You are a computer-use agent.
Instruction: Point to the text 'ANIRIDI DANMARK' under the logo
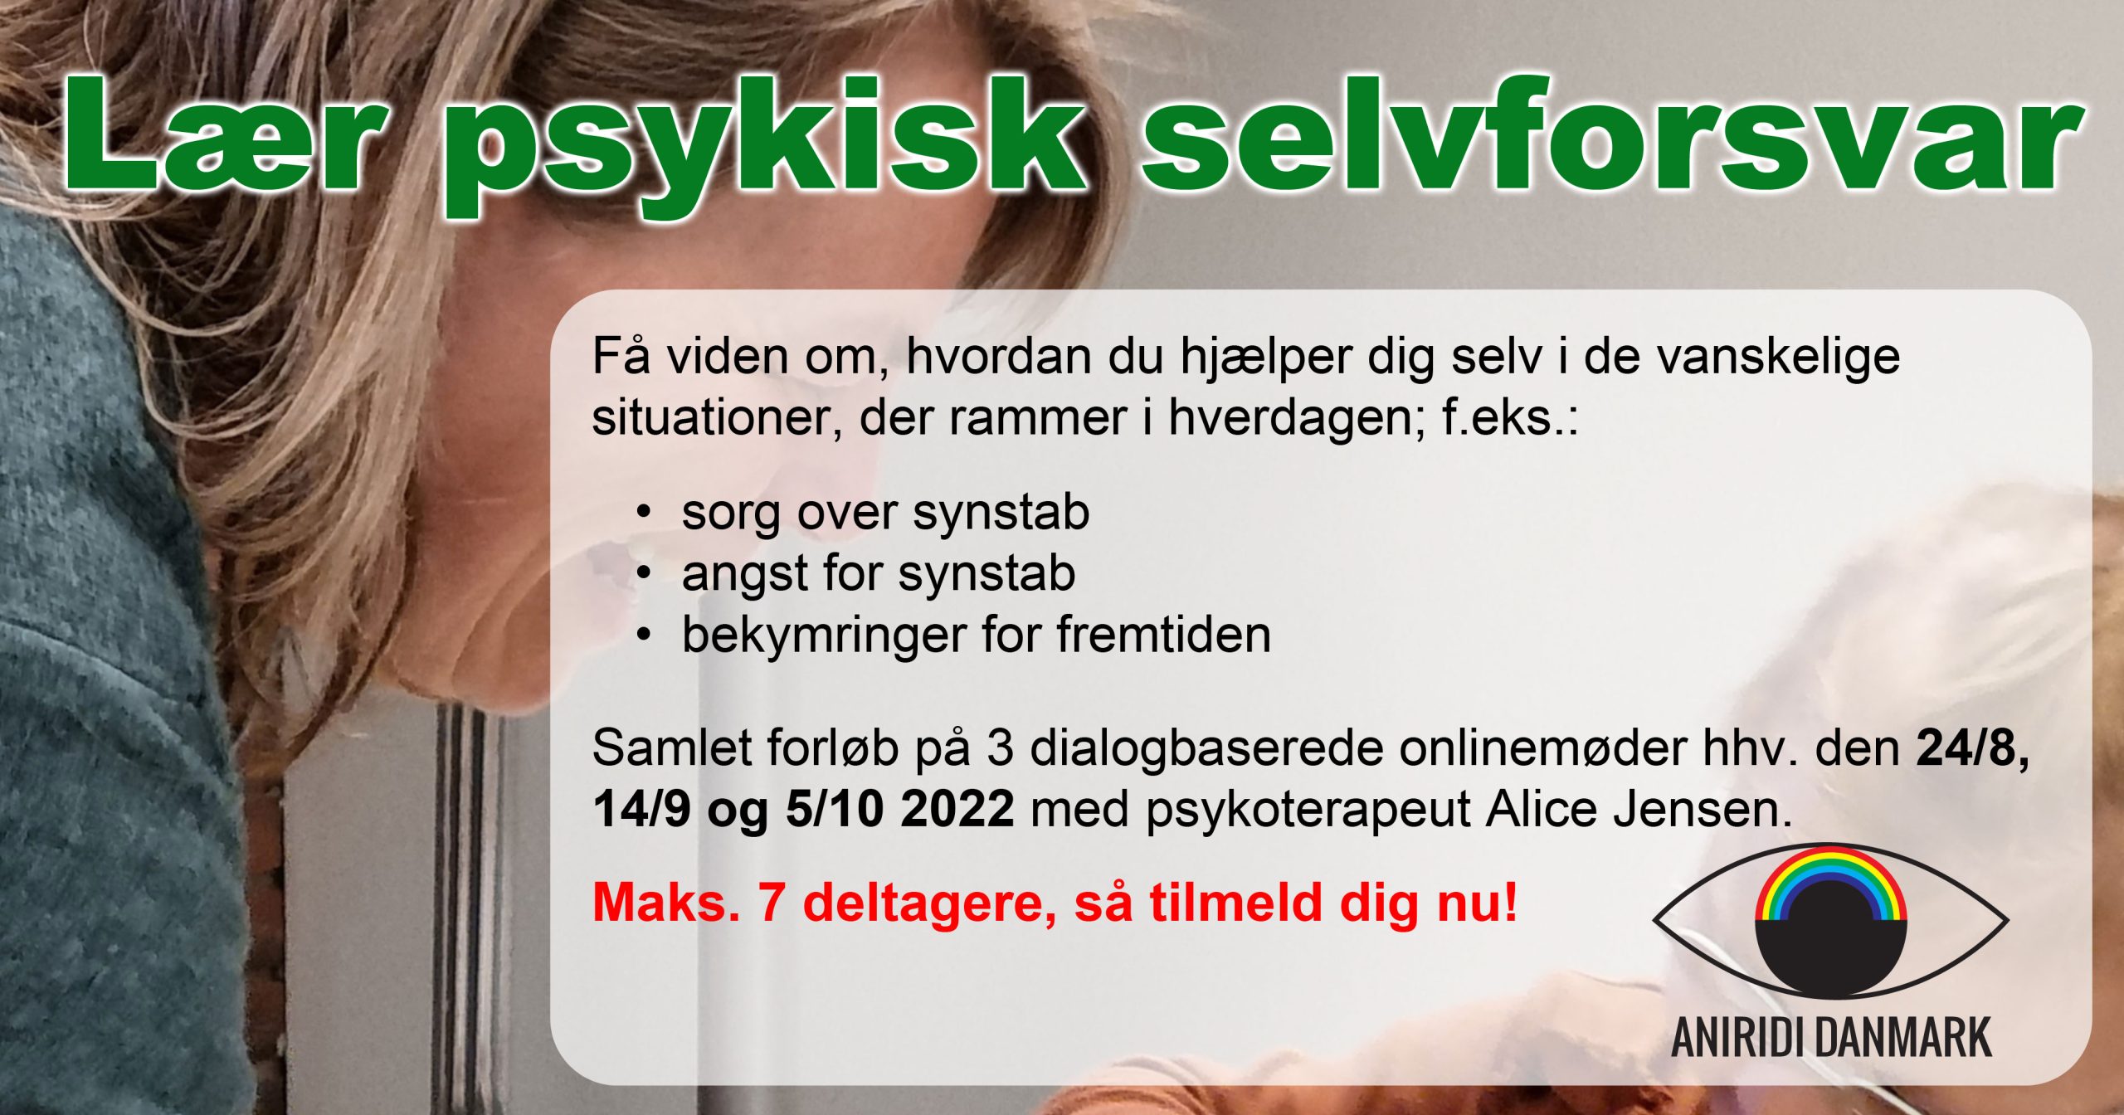pos(1831,1038)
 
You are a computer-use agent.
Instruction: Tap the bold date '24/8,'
pos(1972,750)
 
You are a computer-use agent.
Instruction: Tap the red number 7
pos(771,903)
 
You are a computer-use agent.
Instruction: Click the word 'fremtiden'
pos(1163,635)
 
